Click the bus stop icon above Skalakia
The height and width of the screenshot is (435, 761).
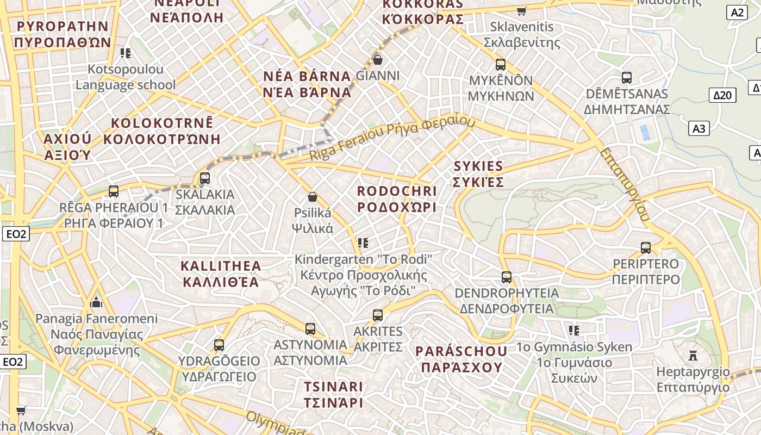coord(205,178)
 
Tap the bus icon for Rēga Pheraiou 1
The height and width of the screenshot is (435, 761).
coord(114,191)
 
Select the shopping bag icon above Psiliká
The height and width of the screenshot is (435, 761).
coord(313,197)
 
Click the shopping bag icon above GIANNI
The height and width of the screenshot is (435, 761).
coord(377,59)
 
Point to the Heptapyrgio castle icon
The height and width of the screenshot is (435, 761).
coord(693,356)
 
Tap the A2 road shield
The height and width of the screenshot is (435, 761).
coord(737,13)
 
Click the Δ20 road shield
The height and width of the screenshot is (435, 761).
coord(723,95)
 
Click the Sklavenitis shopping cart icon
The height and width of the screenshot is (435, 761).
coord(522,11)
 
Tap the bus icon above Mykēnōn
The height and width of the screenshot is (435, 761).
coord(501,65)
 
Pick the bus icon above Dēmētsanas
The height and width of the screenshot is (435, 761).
coord(627,78)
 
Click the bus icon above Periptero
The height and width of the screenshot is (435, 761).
coord(646,248)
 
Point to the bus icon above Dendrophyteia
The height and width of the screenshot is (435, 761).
coord(507,277)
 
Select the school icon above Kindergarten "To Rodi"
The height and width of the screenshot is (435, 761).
coord(363,243)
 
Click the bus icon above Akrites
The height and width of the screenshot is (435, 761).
coord(378,315)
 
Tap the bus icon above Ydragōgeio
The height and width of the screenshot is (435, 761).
coord(219,345)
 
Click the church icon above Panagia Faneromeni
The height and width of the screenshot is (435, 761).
coord(97,302)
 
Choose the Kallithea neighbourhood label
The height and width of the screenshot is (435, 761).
coord(221,274)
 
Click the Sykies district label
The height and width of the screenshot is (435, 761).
coord(478,173)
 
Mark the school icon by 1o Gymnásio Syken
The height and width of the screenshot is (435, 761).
coord(574,330)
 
